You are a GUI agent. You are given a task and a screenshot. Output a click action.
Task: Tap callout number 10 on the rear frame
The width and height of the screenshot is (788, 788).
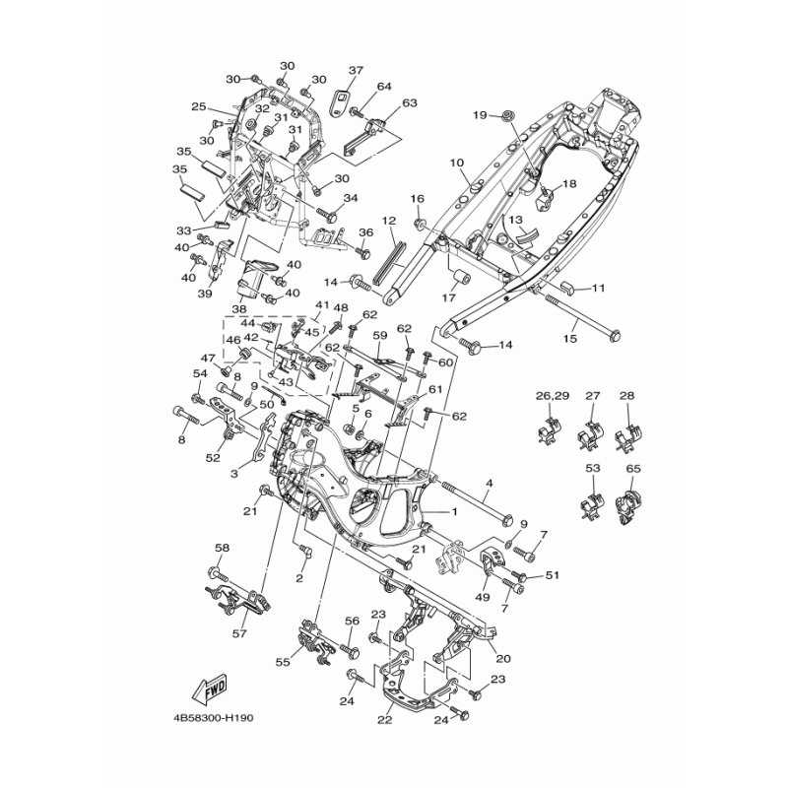pyautogui.click(x=456, y=162)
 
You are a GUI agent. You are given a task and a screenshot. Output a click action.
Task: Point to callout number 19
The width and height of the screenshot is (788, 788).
pyautogui.click(x=481, y=115)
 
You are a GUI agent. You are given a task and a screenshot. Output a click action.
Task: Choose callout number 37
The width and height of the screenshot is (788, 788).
pyautogui.click(x=356, y=70)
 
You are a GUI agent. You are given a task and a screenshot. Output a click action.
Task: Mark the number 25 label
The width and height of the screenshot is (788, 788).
pyautogui.click(x=199, y=106)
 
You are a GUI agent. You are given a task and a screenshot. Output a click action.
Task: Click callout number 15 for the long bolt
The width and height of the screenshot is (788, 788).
pyautogui.click(x=570, y=340)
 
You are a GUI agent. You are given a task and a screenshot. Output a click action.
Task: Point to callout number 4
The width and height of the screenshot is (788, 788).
pyautogui.click(x=490, y=484)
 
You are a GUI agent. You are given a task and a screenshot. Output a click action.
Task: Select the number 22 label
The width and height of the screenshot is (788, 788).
pyautogui.click(x=385, y=719)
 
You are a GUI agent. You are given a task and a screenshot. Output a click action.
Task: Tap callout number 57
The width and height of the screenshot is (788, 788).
pyautogui.click(x=237, y=633)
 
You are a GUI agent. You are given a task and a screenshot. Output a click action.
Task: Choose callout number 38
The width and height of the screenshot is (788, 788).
pyautogui.click(x=239, y=307)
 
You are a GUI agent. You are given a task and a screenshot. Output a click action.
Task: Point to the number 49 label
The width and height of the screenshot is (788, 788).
pyautogui.click(x=482, y=597)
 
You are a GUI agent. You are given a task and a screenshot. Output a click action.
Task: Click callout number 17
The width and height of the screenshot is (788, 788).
pyautogui.click(x=449, y=296)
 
